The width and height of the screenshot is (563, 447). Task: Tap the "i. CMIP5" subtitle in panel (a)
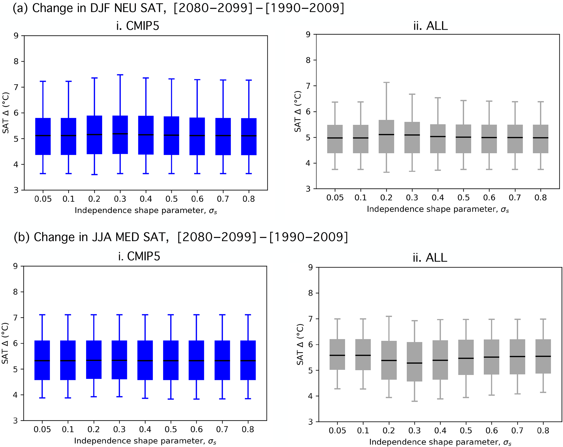click(138, 26)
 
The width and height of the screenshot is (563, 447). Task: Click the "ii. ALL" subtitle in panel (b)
click(430, 258)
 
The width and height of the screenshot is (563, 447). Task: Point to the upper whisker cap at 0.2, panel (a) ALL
click(386, 82)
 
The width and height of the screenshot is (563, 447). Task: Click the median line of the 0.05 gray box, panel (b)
click(337, 355)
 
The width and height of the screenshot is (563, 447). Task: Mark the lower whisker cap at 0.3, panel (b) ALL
click(415, 401)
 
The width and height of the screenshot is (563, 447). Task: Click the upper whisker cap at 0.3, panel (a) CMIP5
click(120, 75)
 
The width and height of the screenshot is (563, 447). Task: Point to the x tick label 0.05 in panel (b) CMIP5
click(42, 430)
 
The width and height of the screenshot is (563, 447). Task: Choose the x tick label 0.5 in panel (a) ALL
click(464, 197)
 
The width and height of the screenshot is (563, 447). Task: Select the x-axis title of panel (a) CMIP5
click(146, 211)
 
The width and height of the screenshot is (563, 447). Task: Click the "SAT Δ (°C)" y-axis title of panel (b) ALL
click(300, 345)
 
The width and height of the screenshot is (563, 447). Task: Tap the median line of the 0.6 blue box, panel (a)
click(197, 135)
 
